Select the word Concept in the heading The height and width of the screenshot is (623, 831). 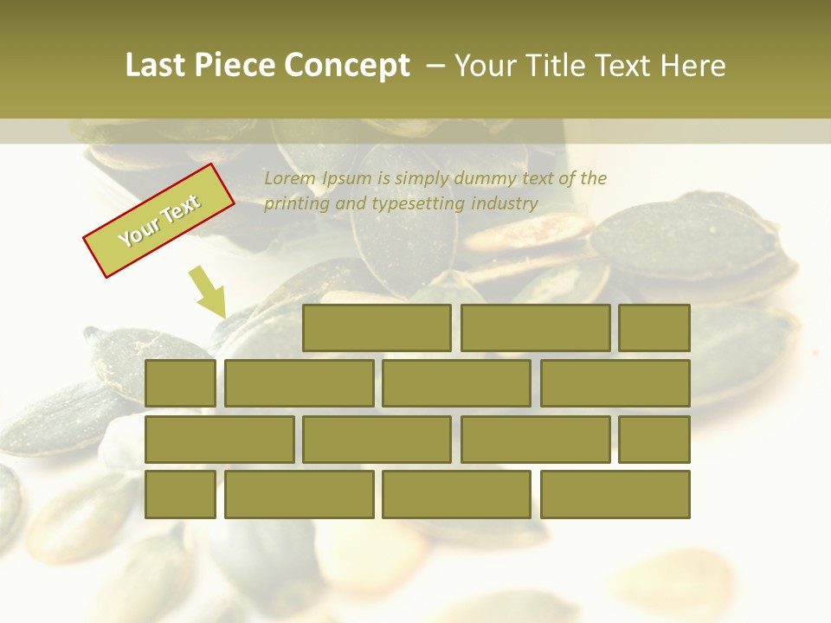347,66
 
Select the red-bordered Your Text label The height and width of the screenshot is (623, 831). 158,221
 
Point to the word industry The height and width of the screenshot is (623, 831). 505,204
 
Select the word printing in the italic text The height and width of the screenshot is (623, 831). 291,204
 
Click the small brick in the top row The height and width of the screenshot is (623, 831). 654,328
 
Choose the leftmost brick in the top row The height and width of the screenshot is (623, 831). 377,328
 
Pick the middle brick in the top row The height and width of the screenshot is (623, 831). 535,328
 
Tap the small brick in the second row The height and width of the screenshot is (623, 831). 180,383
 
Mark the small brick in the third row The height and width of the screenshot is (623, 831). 654,439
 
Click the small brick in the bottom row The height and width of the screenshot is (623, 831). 180,494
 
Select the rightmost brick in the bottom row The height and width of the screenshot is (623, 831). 615,494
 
